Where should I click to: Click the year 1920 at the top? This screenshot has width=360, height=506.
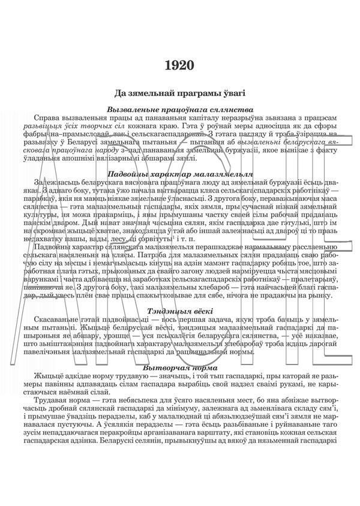[x=180, y=65]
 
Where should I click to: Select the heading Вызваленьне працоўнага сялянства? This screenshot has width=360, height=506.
[x=180, y=110]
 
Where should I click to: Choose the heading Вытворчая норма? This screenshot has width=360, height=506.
[x=180, y=366]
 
